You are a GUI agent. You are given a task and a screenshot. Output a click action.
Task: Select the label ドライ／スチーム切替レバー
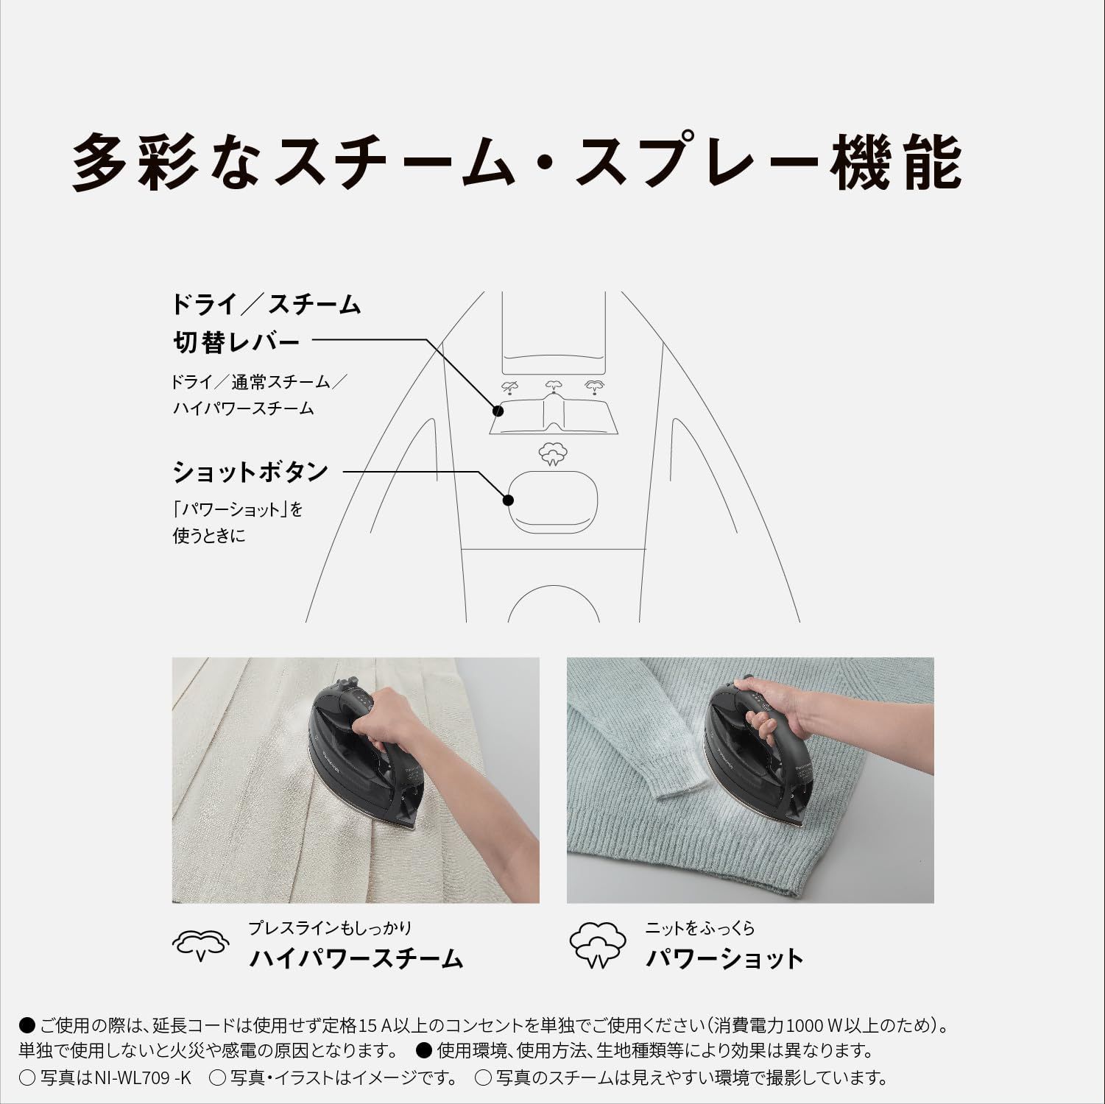[265, 323]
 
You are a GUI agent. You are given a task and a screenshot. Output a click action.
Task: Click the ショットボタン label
[250, 472]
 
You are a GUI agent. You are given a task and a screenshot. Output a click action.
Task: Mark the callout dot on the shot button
[508, 500]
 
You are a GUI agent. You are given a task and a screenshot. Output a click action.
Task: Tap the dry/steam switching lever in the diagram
[553, 417]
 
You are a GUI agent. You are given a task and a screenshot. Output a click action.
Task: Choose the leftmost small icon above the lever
[509, 387]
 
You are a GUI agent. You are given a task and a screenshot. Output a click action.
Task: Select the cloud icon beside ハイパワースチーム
[200, 945]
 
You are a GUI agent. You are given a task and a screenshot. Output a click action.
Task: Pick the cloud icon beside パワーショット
[598, 945]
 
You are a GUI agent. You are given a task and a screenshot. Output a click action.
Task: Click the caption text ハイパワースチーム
[356, 958]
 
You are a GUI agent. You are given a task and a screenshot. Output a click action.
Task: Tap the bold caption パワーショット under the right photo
[724, 958]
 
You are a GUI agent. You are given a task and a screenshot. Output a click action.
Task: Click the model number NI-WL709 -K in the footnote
[143, 1078]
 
